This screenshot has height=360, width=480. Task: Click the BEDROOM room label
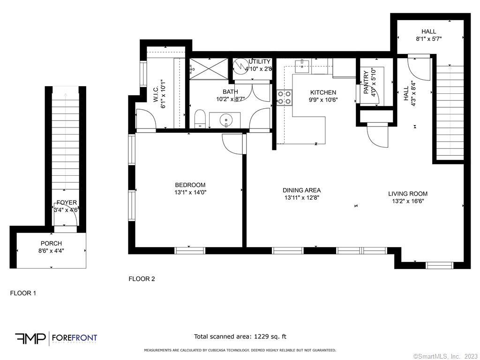190,185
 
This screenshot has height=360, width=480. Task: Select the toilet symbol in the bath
200,118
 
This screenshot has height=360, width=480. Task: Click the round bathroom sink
226,120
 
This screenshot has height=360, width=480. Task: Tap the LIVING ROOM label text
407,194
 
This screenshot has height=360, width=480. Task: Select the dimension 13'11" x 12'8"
301,197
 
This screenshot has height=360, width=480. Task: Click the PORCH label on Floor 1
51,243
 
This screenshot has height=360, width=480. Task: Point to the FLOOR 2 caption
142,279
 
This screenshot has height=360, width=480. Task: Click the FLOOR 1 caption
23,293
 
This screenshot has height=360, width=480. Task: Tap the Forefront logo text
74,337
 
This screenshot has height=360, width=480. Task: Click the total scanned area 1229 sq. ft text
240,337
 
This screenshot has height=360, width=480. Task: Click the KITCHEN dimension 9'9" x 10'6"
323,99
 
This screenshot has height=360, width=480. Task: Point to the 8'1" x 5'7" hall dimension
428,39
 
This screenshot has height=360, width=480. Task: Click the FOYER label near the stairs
67,202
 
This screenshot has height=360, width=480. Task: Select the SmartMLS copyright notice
445,356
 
